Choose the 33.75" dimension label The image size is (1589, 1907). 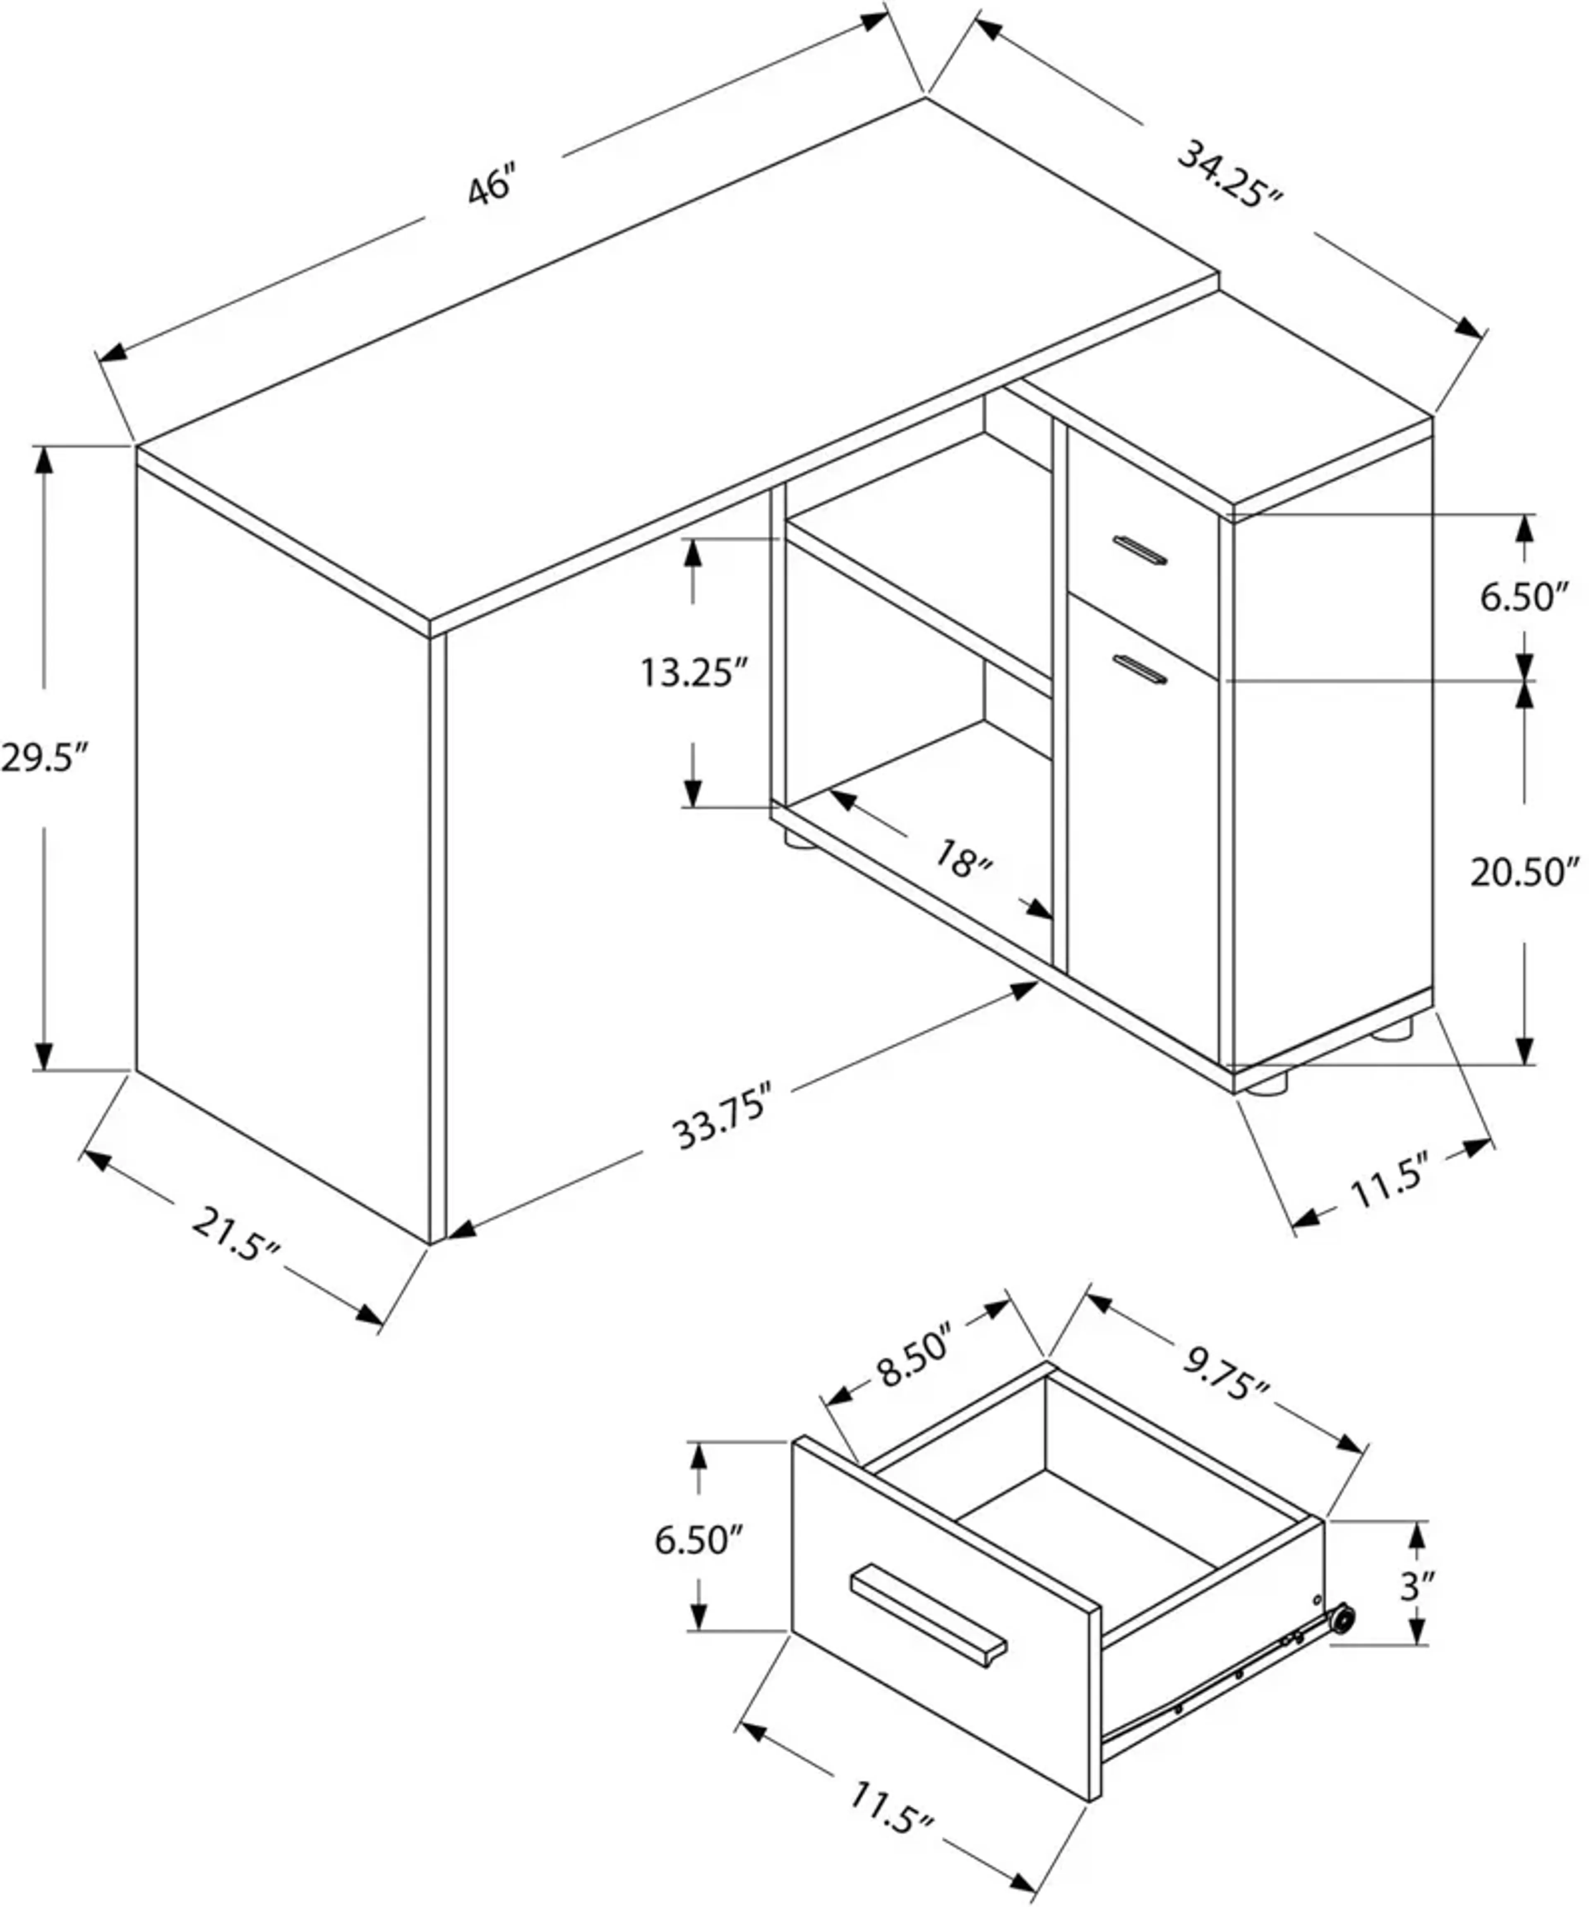(x=722, y=1115)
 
